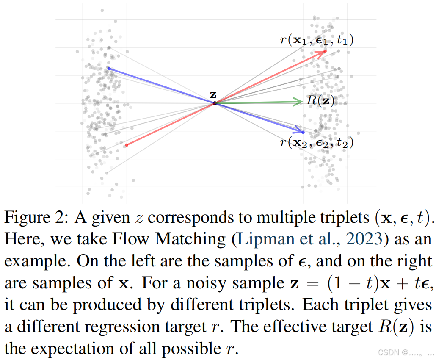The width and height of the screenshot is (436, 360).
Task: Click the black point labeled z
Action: pyautogui.click(x=215, y=103)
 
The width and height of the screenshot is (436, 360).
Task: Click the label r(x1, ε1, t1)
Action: pyautogui.click(x=317, y=40)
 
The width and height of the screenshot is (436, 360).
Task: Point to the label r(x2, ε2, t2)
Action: pyautogui.click(x=317, y=143)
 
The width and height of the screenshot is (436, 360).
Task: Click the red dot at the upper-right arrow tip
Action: pyautogui.click(x=325, y=52)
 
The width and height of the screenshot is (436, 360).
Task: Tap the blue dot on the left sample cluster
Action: pyautogui.click(x=109, y=68)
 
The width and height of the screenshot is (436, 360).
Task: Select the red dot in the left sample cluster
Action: pyautogui.click(x=127, y=145)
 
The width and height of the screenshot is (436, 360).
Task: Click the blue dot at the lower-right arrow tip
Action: pyautogui.click(x=303, y=132)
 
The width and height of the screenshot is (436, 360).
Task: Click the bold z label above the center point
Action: pyautogui.click(x=213, y=94)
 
